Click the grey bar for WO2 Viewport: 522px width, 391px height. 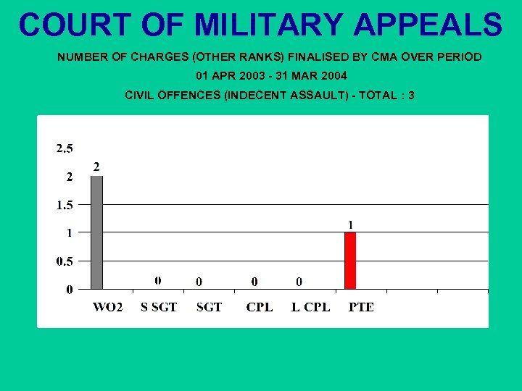96,232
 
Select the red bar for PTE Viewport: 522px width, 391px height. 350,261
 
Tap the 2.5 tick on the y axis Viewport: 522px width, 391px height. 65,149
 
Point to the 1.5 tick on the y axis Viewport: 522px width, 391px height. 65,205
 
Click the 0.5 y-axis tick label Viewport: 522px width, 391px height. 65,261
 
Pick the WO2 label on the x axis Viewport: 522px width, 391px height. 107,307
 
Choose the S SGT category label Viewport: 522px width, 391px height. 159,307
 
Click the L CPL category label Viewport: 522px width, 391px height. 310,307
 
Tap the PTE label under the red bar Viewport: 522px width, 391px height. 361,307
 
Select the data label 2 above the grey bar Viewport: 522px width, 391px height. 96,167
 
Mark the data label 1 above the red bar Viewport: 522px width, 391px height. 350,225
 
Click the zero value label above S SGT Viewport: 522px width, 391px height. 158,280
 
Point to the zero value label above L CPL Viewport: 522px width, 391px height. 299,281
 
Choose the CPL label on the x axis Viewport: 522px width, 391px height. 260,307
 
